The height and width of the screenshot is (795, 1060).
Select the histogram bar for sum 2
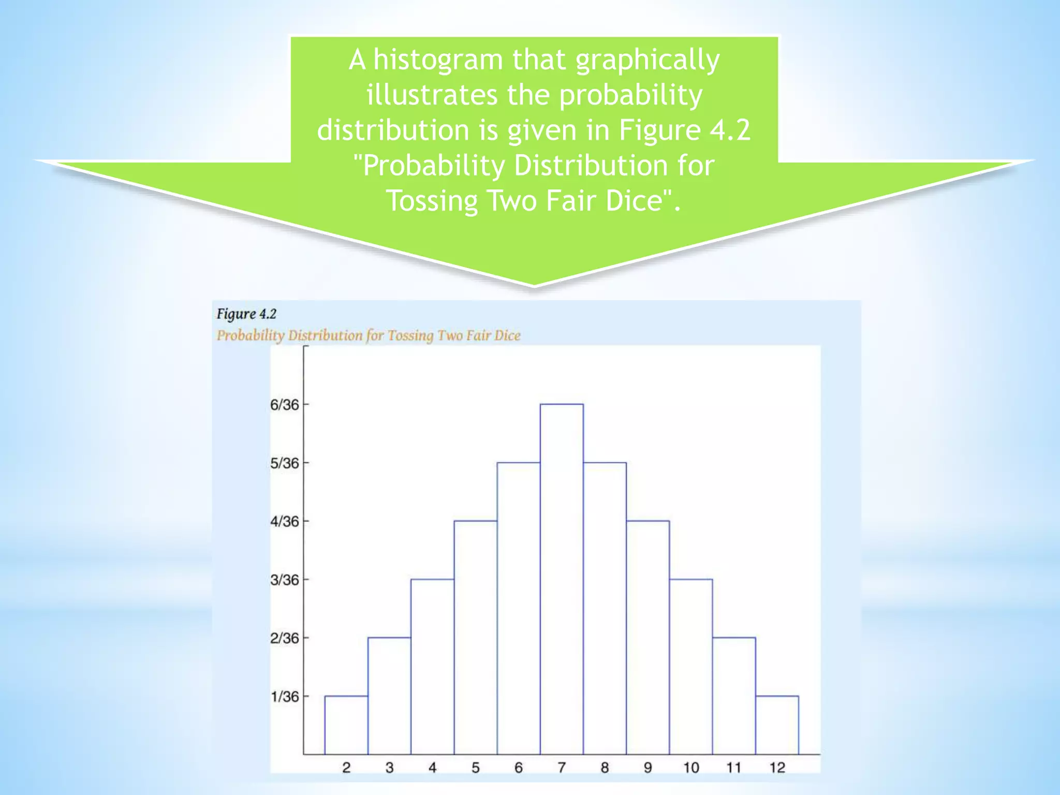346,725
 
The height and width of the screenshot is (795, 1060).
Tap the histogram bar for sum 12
777,725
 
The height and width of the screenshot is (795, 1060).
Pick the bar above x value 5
476,637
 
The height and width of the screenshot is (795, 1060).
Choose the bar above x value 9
647,637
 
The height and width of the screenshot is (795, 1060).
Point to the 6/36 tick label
285,405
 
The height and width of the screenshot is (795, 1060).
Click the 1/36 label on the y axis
285,697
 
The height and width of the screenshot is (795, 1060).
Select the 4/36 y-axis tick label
285,522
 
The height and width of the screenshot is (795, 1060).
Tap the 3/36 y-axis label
285,580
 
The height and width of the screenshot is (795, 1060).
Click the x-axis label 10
691,768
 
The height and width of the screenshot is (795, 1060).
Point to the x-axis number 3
389,768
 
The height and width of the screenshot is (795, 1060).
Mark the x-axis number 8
605,768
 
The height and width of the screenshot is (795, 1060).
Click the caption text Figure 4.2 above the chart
246,314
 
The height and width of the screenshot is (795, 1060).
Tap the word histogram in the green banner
438,60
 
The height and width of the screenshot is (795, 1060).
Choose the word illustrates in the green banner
432,95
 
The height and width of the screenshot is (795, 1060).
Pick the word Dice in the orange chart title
507,335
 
